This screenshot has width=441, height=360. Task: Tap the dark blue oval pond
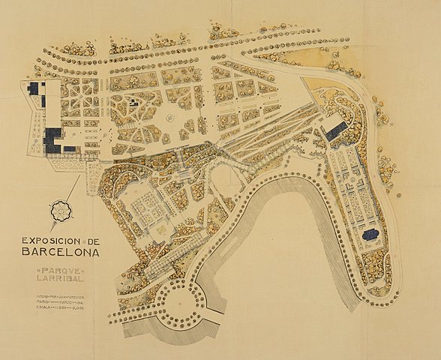[370, 235]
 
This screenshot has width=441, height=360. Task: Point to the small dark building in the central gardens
[133, 100]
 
